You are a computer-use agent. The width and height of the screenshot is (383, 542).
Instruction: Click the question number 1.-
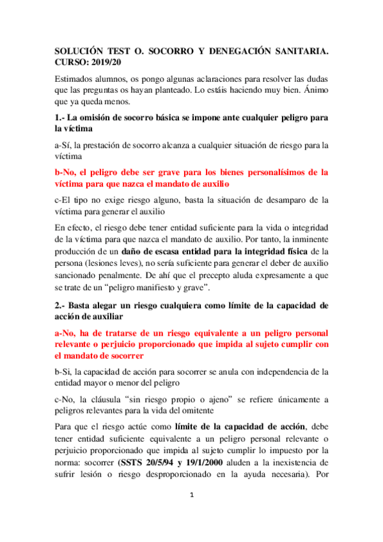click(x=61, y=117)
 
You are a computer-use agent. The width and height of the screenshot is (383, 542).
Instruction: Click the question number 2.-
click(x=61, y=306)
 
